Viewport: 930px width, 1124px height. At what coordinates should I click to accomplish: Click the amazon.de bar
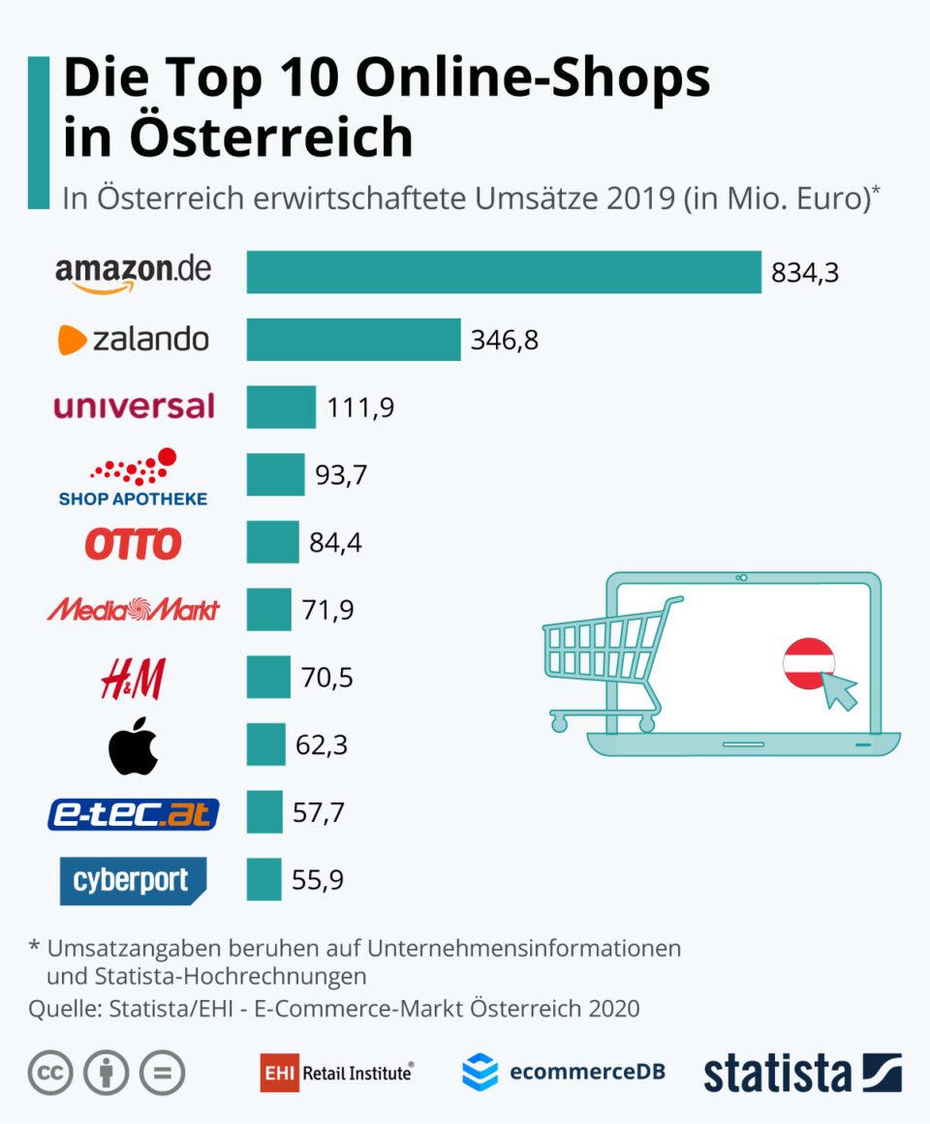[504, 272]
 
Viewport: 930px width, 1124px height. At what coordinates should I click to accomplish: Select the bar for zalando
[354, 340]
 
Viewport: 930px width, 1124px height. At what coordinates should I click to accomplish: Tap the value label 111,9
[360, 408]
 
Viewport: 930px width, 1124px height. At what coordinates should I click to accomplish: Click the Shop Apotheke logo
[134, 476]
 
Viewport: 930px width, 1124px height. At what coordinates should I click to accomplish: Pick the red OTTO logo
[133, 543]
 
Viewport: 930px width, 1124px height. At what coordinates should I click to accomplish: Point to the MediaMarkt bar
[268, 610]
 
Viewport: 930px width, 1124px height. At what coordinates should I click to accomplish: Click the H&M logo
[133, 678]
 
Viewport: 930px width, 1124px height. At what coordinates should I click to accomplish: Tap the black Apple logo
[133, 745]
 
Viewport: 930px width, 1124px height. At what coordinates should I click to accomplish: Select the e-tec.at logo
[134, 814]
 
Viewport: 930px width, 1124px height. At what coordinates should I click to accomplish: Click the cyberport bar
[263, 879]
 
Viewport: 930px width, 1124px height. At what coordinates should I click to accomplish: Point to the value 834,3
[804, 273]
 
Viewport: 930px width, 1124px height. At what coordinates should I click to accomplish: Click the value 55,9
[318, 880]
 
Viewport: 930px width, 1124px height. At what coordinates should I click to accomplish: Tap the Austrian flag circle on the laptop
[809, 664]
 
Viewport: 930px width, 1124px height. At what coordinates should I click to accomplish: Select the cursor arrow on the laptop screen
[839, 690]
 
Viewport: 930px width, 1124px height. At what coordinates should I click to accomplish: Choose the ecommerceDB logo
[563, 1072]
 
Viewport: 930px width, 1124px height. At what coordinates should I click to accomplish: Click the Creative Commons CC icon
[51, 1073]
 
